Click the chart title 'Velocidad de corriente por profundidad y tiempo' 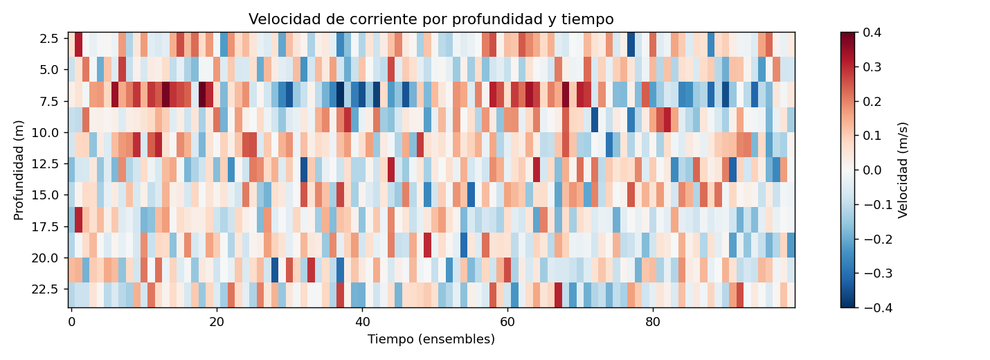click(x=431, y=19)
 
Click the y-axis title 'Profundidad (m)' click(x=19, y=170)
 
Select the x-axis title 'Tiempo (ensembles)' click(x=431, y=339)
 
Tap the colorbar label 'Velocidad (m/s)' click(x=903, y=170)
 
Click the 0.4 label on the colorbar click(x=876, y=33)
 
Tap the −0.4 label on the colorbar click(x=874, y=307)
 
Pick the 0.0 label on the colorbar click(x=876, y=170)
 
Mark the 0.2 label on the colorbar click(x=876, y=101)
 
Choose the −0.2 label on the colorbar click(x=874, y=239)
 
